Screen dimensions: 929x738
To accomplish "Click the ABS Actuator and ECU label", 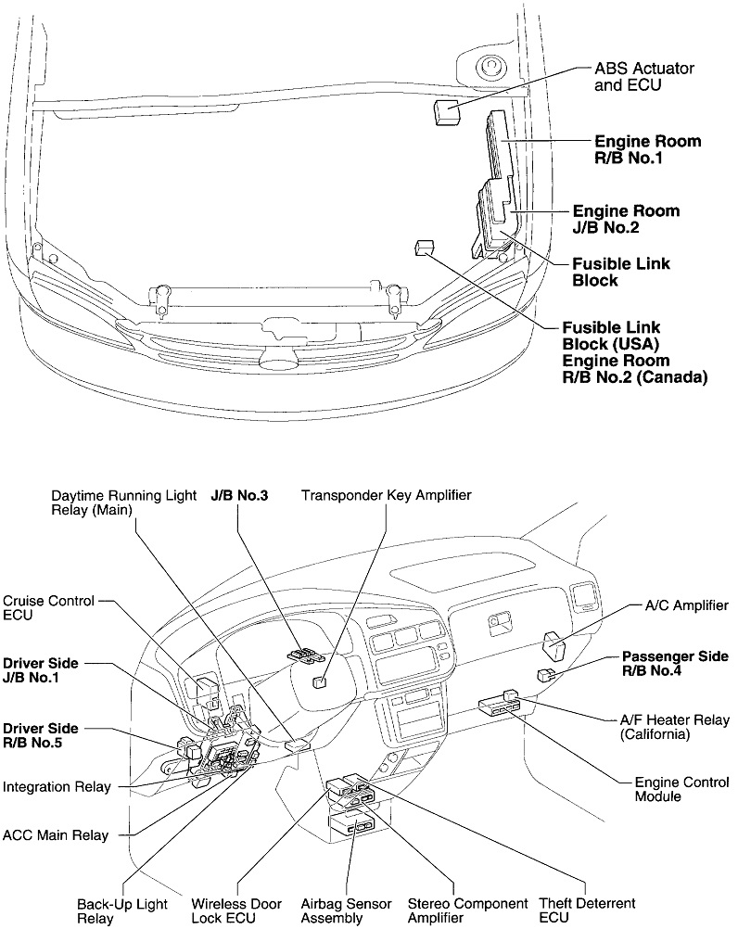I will pyautogui.click(x=643, y=78).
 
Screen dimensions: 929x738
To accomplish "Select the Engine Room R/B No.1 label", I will pyautogui.click(x=647, y=150).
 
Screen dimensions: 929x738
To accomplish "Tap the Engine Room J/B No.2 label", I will pyautogui.click(x=626, y=219).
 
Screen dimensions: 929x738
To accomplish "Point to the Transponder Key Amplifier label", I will pyautogui.click(x=386, y=496).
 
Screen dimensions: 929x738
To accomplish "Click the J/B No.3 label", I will pyautogui.click(x=239, y=496).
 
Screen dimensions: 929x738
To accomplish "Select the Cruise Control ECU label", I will pyautogui.click(x=48, y=608).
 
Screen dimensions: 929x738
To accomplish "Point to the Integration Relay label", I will pyautogui.click(x=57, y=787).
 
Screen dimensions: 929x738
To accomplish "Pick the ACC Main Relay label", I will pyautogui.click(x=56, y=835).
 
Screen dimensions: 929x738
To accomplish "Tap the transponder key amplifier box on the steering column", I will pyautogui.click(x=321, y=682).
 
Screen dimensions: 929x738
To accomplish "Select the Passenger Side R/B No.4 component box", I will pyautogui.click(x=549, y=675).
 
